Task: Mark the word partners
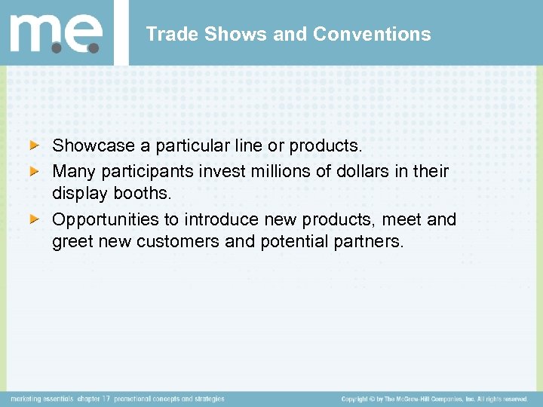(370, 243)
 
